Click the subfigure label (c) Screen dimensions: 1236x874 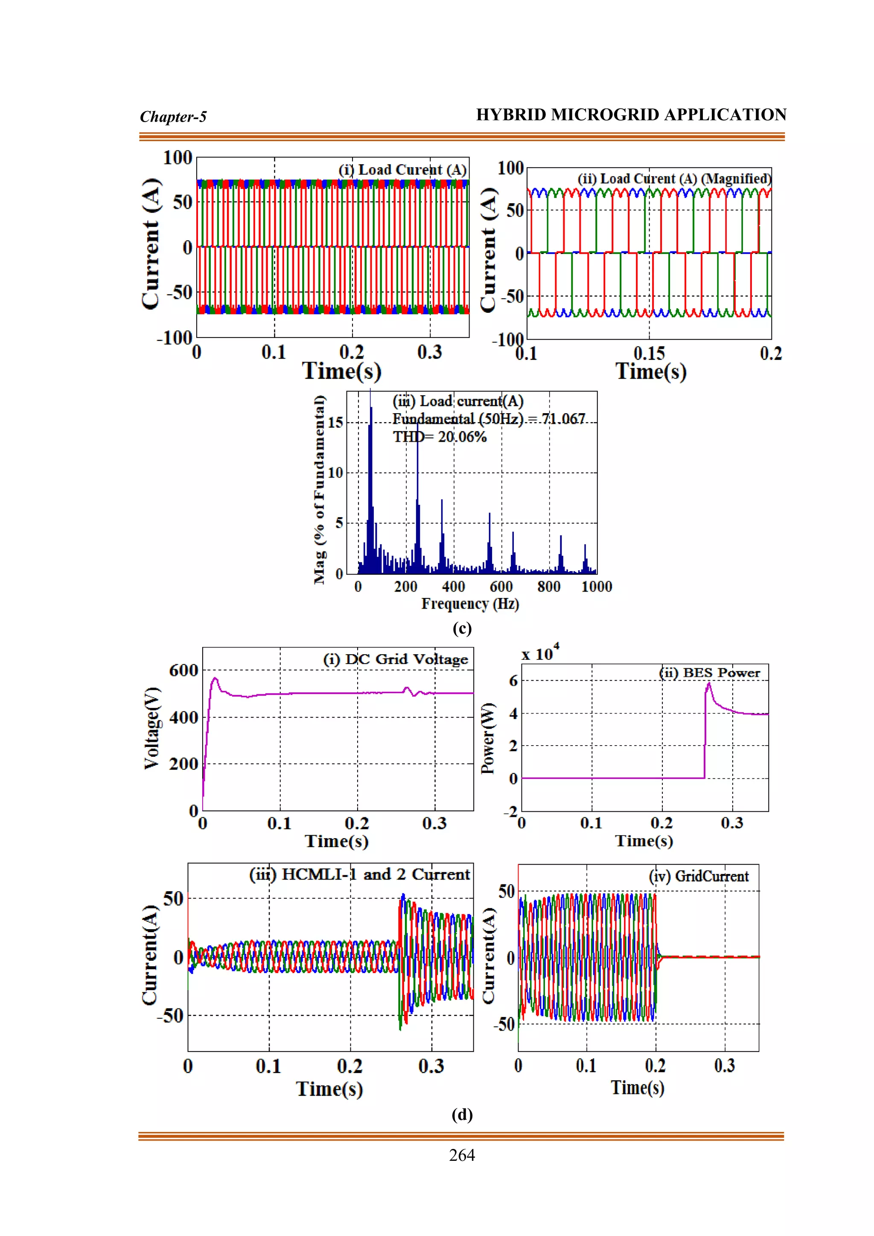pyautogui.click(x=462, y=628)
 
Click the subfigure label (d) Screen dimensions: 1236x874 pyautogui.click(x=462, y=1114)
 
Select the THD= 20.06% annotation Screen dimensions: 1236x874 pyautogui.click(x=439, y=437)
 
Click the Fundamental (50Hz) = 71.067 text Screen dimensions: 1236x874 pyautogui.click(x=488, y=419)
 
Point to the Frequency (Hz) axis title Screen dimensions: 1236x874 pyautogui.click(x=470, y=603)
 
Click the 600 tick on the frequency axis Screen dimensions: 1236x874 pyautogui.click(x=501, y=586)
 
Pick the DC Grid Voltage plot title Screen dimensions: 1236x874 pyautogui.click(x=396, y=659)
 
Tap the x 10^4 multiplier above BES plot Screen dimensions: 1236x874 pyautogui.click(x=540, y=653)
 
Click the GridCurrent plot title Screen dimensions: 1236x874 pyautogui.click(x=699, y=876)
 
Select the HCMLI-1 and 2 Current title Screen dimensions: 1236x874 pyautogui.click(x=359, y=874)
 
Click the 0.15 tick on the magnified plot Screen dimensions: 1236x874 pyautogui.click(x=649, y=354)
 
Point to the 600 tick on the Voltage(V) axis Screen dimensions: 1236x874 pyautogui.click(x=184, y=670)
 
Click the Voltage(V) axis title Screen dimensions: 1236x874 pyautogui.click(x=152, y=728)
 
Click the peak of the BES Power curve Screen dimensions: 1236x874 pyautogui.click(x=709, y=683)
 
